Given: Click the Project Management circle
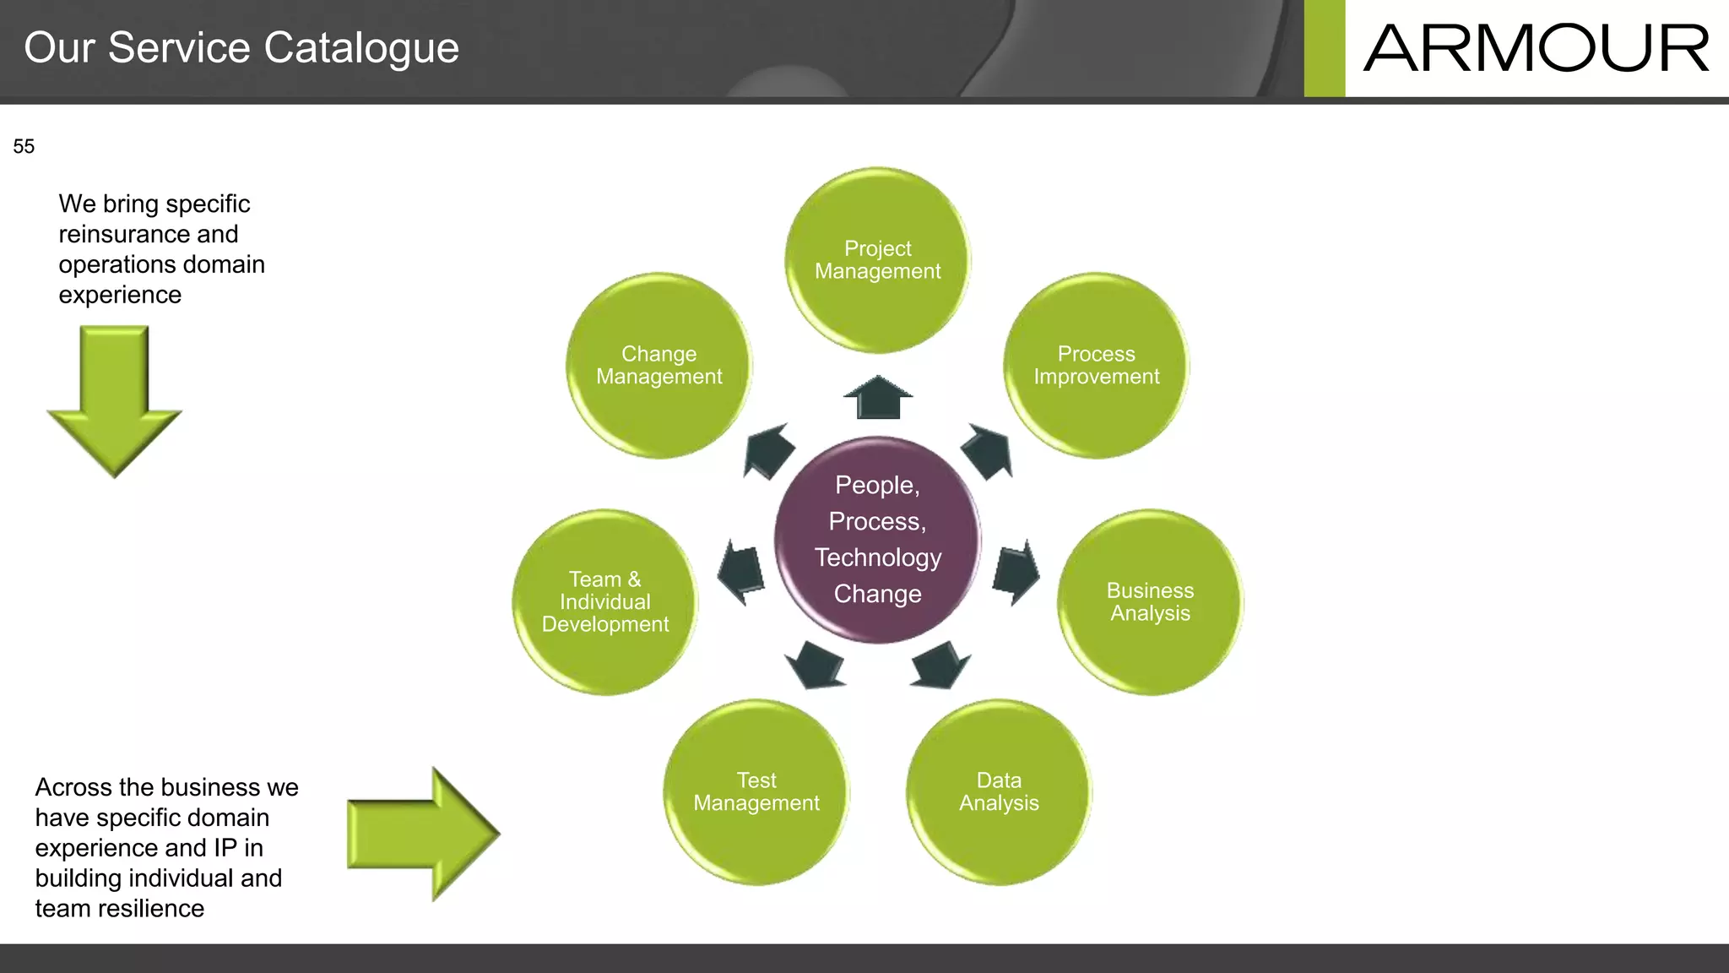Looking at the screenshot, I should [x=877, y=260].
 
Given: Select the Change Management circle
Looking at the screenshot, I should [x=659, y=366].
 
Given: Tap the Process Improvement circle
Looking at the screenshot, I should [x=1096, y=366].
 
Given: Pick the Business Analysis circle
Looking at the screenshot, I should [x=1150, y=602].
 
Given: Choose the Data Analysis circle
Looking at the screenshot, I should [x=999, y=792].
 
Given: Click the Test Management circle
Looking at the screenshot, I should [x=756, y=792].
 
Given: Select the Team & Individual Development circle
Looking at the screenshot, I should [x=605, y=602].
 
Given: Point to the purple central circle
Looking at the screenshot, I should [x=877, y=540].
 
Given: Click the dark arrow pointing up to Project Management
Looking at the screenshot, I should [x=878, y=398].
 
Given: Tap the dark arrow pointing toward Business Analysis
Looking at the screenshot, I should [x=1015, y=572].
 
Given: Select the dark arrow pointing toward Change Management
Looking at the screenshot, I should [x=768, y=450].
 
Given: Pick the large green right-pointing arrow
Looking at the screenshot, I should [x=422, y=834].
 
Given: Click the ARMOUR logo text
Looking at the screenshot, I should [x=1536, y=48].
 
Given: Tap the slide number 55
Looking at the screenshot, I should [x=24, y=147].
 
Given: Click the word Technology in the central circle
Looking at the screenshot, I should [x=878, y=557].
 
